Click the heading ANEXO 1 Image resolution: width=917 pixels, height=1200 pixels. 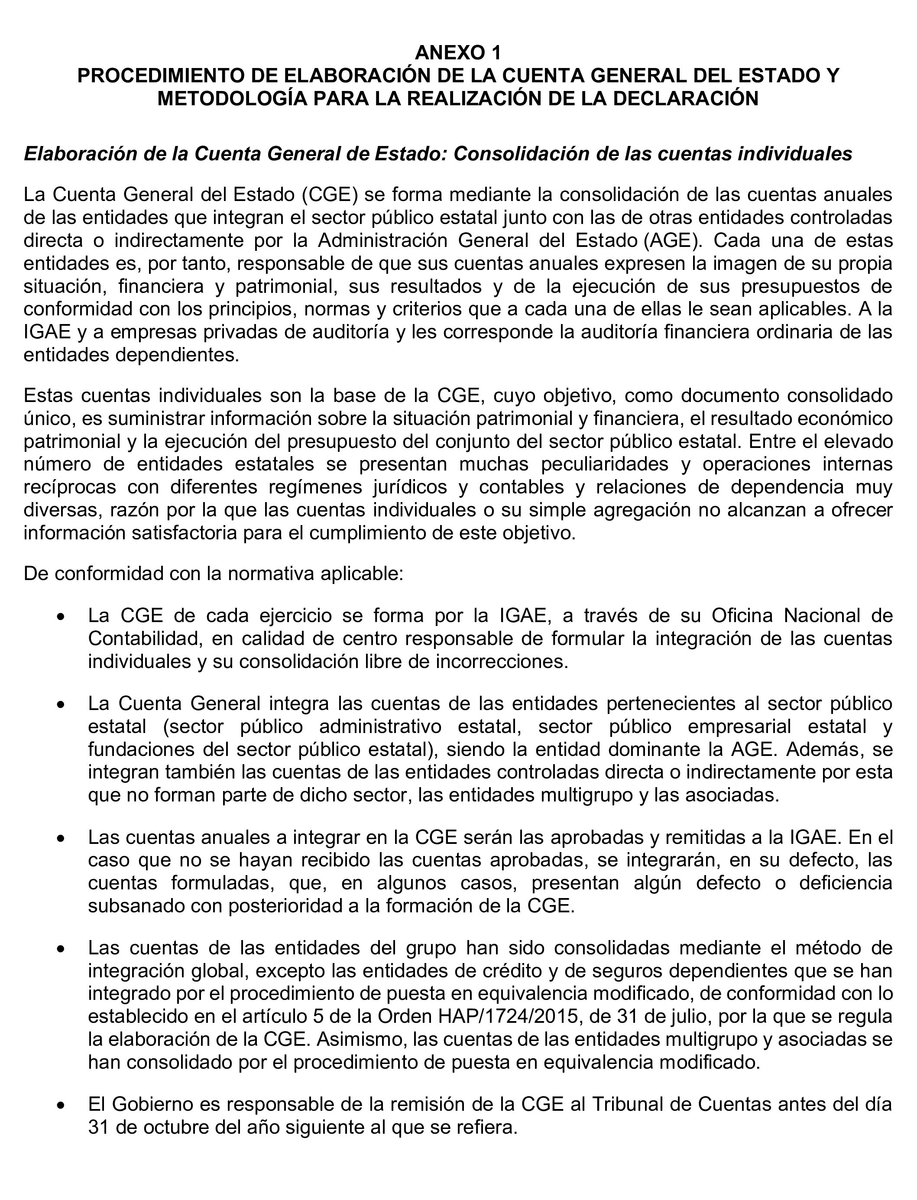coord(457,53)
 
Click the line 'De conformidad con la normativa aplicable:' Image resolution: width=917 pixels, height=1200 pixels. coord(214,574)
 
